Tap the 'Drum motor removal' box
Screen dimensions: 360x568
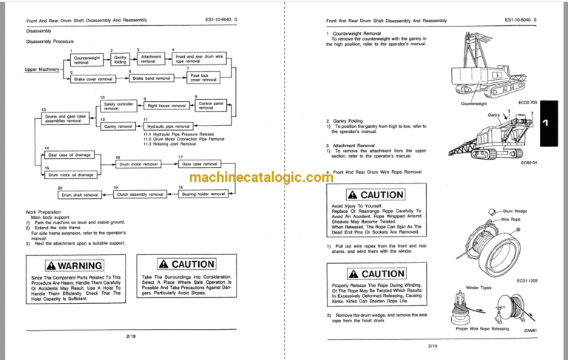[x=138, y=164]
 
